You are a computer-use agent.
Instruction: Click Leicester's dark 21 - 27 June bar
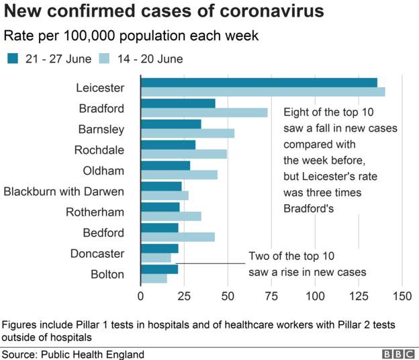pos(259,83)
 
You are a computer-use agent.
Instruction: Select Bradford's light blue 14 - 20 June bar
pos(204,113)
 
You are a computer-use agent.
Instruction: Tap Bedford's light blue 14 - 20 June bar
pos(178,237)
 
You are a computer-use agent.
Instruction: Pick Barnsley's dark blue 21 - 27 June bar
pos(171,124)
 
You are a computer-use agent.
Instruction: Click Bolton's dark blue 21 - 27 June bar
pos(159,269)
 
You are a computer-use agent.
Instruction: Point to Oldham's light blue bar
pos(179,175)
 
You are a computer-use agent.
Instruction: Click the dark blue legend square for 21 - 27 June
pos(13,59)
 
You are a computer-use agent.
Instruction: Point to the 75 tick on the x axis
pos(271,296)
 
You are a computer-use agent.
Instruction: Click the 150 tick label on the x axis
pos(402,296)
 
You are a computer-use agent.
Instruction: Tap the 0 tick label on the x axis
pos(140,296)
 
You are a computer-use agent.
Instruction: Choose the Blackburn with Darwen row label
pos(64,191)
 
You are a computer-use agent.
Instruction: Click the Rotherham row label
pos(95,212)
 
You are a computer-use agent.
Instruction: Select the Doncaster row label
pos(97,254)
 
